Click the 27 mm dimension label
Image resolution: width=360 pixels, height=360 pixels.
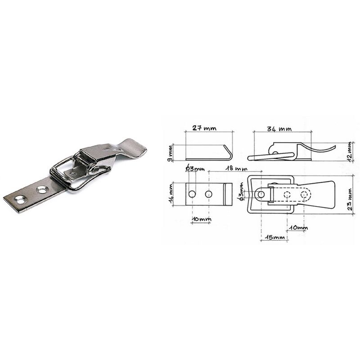point(204,128)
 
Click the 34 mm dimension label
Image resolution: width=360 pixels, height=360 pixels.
point(279,129)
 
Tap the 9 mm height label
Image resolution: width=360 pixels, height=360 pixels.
point(170,153)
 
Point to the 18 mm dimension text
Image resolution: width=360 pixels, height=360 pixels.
point(236,168)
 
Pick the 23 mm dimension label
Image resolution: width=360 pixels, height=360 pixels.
point(350,199)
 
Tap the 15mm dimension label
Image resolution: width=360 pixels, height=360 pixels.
point(275,237)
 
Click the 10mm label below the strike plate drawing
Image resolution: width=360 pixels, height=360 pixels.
point(202,219)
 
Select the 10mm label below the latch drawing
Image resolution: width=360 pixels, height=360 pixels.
point(298,228)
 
